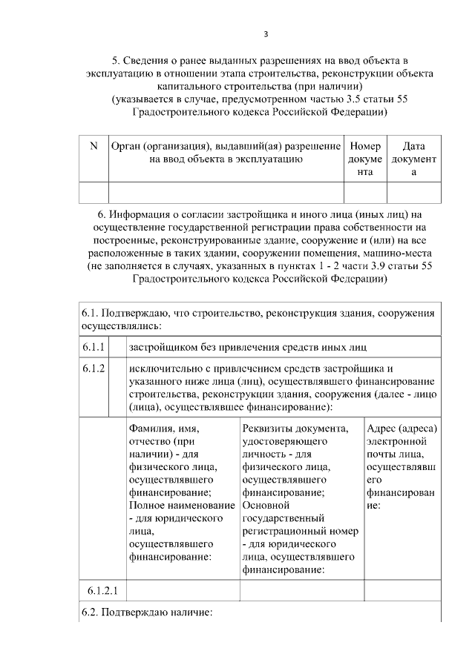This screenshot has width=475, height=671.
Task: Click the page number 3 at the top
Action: [266, 33]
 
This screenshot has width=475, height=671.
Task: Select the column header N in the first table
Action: [93, 147]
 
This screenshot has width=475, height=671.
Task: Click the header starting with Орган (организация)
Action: [225, 153]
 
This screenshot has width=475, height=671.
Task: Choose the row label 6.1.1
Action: [94, 347]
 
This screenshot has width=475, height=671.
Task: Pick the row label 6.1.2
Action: [94, 368]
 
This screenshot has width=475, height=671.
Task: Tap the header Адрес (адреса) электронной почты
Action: [402, 467]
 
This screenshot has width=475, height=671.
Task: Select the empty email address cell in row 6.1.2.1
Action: [402, 591]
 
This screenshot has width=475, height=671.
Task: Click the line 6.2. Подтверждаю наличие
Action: [148, 613]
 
